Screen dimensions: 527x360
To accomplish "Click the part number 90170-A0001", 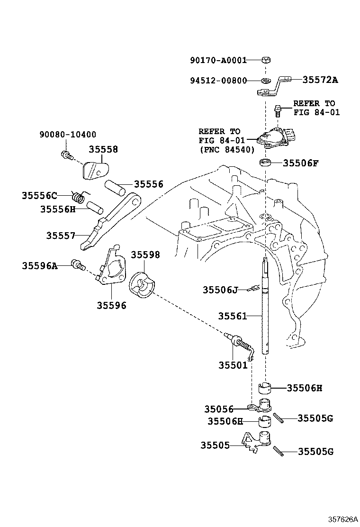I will (x=218, y=60).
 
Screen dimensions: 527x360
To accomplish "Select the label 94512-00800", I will (x=218, y=80).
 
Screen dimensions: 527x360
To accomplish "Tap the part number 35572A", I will (x=320, y=80).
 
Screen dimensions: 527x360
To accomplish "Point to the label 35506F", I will (x=301, y=164).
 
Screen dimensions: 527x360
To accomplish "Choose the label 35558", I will (x=103, y=149).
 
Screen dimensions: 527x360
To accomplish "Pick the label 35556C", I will (x=39, y=195).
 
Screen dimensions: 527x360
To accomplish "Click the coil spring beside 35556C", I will (x=80, y=195).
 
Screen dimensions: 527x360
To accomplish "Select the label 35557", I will (x=61, y=236).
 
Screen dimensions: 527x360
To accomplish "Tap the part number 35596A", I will (x=39, y=266).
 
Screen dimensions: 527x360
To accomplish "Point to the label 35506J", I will (x=220, y=290).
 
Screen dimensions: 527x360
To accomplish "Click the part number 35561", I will (x=233, y=316).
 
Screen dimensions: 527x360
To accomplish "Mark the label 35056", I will (x=219, y=409).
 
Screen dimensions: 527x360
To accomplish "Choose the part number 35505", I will (x=215, y=445).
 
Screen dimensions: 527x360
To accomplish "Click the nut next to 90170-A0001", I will (x=266, y=60).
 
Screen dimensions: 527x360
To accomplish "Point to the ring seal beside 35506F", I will (x=266, y=164).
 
